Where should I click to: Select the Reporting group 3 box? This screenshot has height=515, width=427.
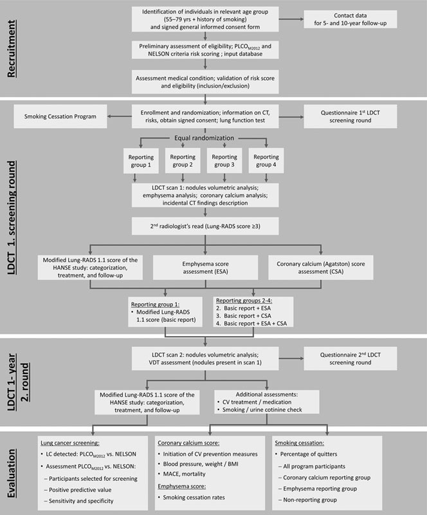click(224, 160)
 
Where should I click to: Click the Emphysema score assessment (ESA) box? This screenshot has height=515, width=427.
click(206, 267)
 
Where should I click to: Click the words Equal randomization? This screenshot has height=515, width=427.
click(204, 137)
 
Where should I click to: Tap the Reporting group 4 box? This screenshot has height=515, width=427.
click(265, 160)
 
